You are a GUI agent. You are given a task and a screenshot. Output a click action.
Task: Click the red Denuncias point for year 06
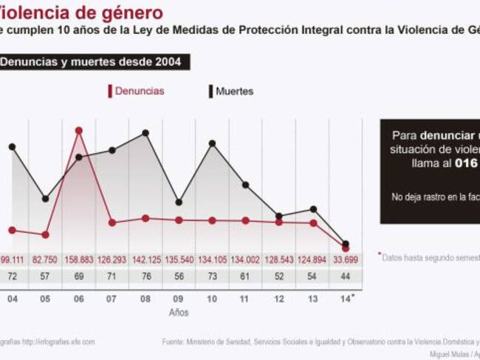tap(79, 130)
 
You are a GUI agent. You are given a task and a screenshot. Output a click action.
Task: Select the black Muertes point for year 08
tap(145, 133)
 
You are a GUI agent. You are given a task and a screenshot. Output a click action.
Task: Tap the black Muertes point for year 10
tap(213, 143)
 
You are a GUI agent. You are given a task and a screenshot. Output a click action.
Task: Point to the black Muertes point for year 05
tap(46, 199)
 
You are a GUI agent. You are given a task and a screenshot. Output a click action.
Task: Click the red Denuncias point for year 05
tap(46, 234)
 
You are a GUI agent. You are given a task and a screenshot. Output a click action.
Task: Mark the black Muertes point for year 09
tap(179, 202)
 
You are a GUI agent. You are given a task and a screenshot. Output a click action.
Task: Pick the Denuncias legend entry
tap(137, 91)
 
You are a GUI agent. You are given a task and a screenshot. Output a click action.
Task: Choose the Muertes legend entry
tap(232, 91)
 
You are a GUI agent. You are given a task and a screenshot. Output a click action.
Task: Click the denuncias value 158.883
tap(79, 259)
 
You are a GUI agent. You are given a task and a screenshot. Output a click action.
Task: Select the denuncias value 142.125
tap(145, 259)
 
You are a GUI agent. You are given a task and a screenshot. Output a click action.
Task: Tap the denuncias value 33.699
tap(346, 259)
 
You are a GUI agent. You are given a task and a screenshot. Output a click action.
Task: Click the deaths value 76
tap(145, 276)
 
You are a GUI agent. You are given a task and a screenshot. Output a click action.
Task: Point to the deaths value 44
tap(346, 276)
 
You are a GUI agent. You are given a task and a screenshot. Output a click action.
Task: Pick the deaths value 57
tap(46, 276)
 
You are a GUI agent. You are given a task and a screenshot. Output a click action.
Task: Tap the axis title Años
tap(179, 312)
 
